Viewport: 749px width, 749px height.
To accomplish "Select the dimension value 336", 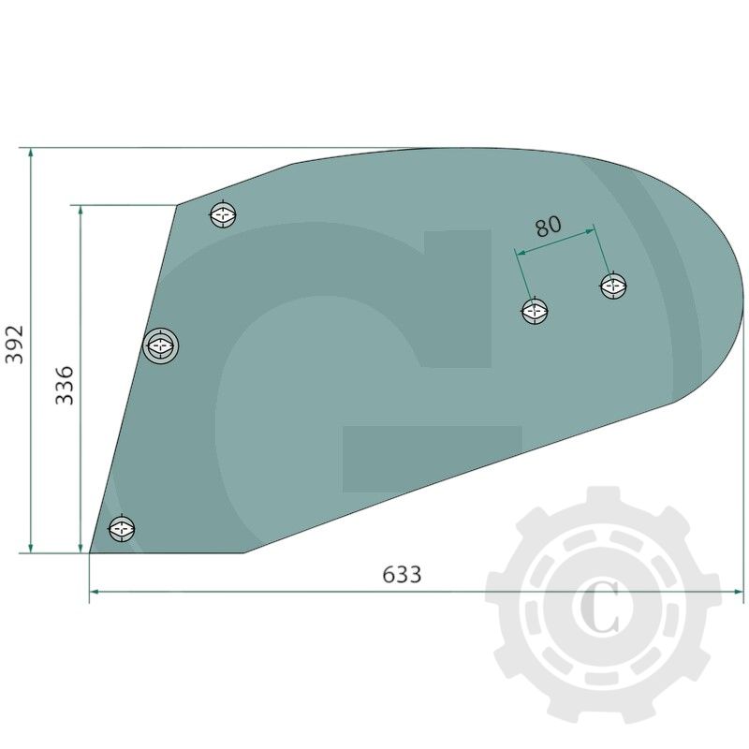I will [64, 385].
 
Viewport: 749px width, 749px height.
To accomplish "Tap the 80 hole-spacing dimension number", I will [548, 226].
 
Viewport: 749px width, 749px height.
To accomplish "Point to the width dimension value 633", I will [402, 574].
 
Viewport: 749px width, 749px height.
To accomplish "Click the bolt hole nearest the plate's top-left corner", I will [223, 214].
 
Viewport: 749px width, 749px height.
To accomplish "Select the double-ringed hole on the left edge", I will [161, 346].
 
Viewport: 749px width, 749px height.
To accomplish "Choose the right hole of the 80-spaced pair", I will [613, 286].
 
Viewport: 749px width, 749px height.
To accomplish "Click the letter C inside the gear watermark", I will [602, 608].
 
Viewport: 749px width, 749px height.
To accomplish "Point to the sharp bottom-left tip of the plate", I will [90, 552].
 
